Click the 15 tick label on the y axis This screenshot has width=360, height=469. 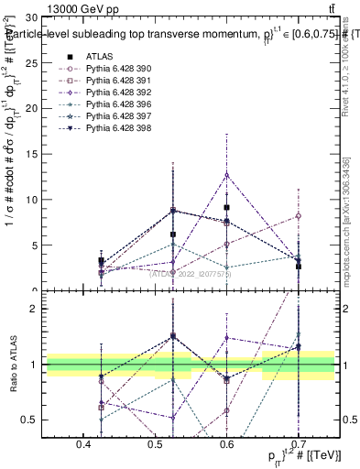31,154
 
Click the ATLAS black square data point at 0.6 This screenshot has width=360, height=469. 227,207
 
